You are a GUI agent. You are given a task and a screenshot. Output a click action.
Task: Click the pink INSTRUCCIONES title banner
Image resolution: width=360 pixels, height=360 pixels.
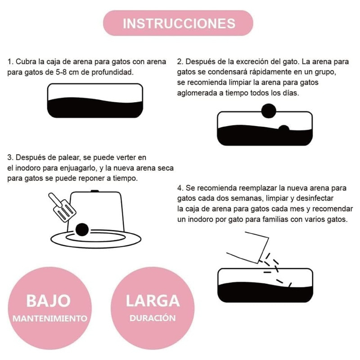pyautogui.click(x=178, y=23)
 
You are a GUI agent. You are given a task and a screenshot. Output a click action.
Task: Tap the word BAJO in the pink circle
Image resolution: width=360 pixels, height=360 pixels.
pyautogui.click(x=49, y=301)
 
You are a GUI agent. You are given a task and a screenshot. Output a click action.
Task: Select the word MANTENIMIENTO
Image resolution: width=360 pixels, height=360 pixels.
pyautogui.click(x=50, y=319)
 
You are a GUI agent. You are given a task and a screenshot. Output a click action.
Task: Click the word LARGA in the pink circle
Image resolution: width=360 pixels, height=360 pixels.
pyautogui.click(x=153, y=301)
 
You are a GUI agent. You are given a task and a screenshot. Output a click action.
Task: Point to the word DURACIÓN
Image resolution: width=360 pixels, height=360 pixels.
pyautogui.click(x=153, y=318)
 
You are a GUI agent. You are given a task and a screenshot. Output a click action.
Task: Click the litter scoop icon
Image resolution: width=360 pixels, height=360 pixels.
pyautogui.click(x=62, y=207)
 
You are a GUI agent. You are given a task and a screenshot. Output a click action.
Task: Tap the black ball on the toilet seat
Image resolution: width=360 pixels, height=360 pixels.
pyautogui.click(x=82, y=229)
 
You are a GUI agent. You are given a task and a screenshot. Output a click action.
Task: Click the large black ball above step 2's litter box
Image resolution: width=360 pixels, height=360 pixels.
pyautogui.click(x=269, y=111)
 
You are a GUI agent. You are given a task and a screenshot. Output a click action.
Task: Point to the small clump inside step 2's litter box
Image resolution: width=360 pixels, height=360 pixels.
pyautogui.click(x=284, y=129)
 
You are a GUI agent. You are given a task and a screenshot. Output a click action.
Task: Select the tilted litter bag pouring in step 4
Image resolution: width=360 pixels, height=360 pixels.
pyautogui.click(x=248, y=247)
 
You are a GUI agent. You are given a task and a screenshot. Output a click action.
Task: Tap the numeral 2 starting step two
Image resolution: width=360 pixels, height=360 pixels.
pyautogui.click(x=179, y=62)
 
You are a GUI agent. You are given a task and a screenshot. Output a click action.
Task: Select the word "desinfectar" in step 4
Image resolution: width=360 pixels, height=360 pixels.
pyautogui.click(x=315, y=198)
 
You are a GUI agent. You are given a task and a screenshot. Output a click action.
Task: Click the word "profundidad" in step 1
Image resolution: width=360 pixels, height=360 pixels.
pyautogui.click(x=112, y=72)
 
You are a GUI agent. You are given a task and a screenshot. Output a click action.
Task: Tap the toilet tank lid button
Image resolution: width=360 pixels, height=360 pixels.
pyautogui.click(x=94, y=191)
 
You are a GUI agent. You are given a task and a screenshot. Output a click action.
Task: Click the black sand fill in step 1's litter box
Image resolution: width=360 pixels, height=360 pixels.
pyautogui.click(x=95, y=108)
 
